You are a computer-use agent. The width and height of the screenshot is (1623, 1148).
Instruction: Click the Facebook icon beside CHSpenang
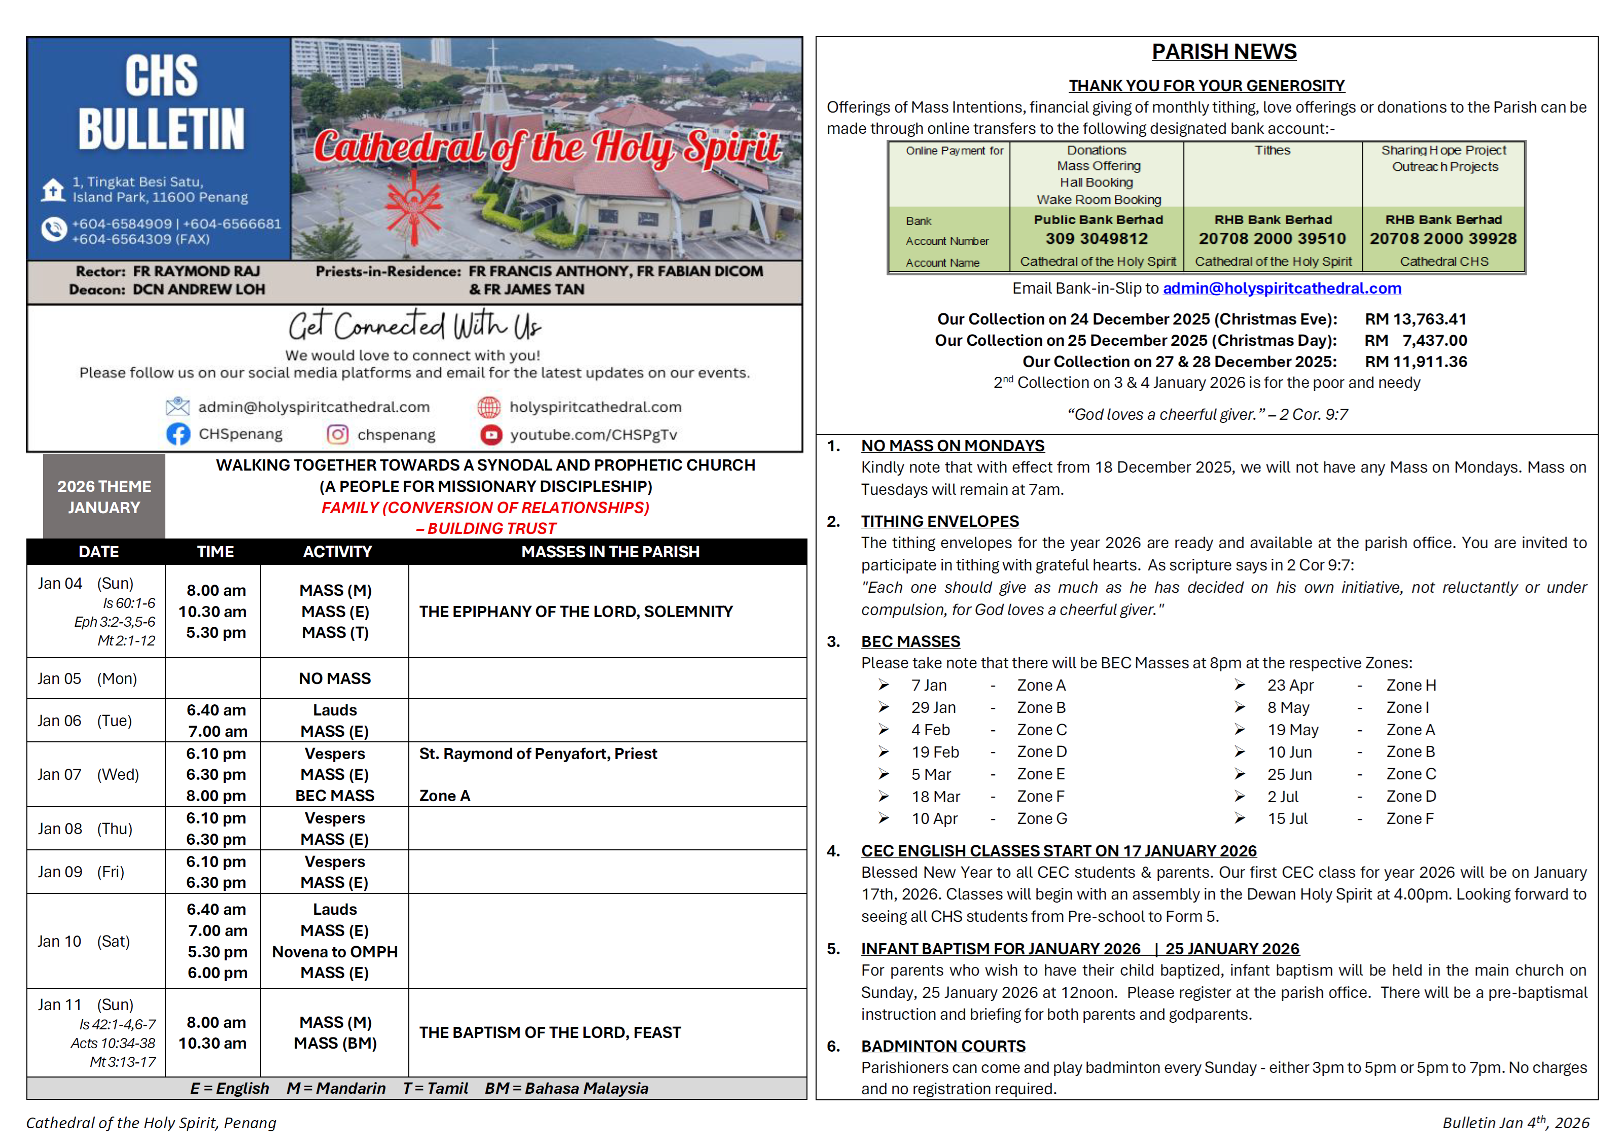click(178, 434)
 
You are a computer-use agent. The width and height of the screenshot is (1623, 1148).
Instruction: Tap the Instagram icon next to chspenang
click(337, 434)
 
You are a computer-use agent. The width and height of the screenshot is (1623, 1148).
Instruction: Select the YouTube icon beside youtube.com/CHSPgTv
click(490, 434)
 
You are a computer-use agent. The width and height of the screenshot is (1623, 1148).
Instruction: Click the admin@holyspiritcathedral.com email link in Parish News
click(1282, 289)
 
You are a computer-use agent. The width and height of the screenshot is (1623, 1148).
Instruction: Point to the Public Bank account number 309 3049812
click(1097, 239)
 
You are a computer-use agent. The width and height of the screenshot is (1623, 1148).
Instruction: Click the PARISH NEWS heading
click(1224, 52)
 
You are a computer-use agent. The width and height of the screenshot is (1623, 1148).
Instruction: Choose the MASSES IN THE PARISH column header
click(610, 552)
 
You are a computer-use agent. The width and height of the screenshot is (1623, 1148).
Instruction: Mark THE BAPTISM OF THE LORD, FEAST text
click(550, 1033)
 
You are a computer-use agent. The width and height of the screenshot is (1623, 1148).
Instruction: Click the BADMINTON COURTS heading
click(943, 1046)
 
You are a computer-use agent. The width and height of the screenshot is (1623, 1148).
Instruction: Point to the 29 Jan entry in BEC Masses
click(933, 707)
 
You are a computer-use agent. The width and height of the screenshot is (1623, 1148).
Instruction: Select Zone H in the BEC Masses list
click(1410, 686)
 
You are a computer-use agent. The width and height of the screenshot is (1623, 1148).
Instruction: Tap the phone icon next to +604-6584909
click(54, 230)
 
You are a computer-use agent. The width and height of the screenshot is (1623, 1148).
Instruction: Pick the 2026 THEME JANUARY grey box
click(104, 497)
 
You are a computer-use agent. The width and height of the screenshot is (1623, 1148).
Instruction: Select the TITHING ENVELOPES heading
click(939, 522)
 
